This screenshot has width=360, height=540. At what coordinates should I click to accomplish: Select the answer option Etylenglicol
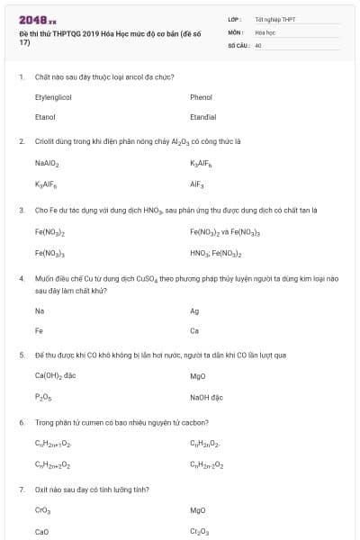coord(53,97)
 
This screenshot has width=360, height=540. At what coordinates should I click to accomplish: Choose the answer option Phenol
coord(201,97)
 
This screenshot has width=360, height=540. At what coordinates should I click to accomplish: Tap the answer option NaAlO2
coord(47,164)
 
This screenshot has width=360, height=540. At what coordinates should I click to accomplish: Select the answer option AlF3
coord(197,184)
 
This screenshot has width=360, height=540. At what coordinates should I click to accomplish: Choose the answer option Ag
coord(194,310)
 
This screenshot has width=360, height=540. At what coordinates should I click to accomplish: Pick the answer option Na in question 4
coord(40,310)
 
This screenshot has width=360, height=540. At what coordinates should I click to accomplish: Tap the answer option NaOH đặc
coord(205,397)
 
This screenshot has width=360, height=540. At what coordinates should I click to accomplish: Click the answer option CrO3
coord(42,510)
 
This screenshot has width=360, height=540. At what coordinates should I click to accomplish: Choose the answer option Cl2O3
coord(199,532)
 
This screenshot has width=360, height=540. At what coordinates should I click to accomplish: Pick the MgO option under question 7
coord(198,510)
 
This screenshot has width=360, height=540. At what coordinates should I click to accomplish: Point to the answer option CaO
coord(41,532)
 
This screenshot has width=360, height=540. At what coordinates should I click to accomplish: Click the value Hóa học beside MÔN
coord(265,31)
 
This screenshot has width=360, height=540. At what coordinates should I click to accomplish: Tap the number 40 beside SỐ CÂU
coord(258,44)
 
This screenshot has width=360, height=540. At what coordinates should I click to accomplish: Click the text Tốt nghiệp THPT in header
coord(275,19)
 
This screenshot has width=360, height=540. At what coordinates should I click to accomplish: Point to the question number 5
coord(22,355)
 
